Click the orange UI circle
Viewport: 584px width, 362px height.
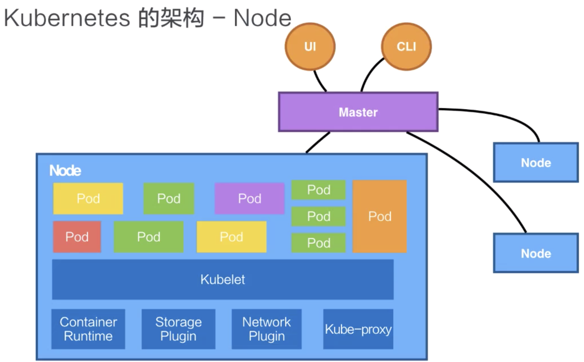[x=310, y=47]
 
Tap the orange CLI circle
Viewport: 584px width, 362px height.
[x=406, y=47]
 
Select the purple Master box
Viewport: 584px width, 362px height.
[x=358, y=112]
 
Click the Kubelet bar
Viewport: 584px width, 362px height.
[x=223, y=279]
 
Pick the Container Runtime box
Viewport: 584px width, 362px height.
[x=88, y=329]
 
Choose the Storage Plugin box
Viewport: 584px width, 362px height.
[x=178, y=329]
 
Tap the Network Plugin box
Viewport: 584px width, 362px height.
[x=266, y=329]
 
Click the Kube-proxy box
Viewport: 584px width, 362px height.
[x=358, y=329]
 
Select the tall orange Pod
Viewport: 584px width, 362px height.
[x=380, y=216]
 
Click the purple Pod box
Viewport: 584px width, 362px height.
[x=249, y=198]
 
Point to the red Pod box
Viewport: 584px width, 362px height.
[x=77, y=237]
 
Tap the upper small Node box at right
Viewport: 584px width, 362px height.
[x=536, y=162]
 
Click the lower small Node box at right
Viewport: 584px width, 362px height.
[x=536, y=253]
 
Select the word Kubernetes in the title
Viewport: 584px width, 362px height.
[x=67, y=18]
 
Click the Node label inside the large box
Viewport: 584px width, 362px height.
[x=65, y=170]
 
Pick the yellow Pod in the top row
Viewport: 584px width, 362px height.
[x=88, y=198]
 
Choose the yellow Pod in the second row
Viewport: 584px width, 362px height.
[x=231, y=237]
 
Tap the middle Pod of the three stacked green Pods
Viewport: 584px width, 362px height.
[x=318, y=216]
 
